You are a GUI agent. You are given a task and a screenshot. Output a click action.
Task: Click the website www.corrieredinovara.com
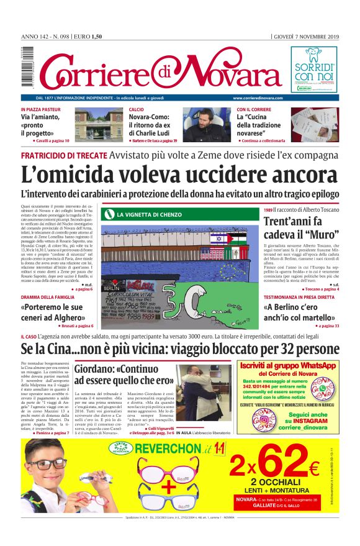coord(258,98)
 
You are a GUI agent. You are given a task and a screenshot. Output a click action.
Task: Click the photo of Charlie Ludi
coord(215,123)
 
